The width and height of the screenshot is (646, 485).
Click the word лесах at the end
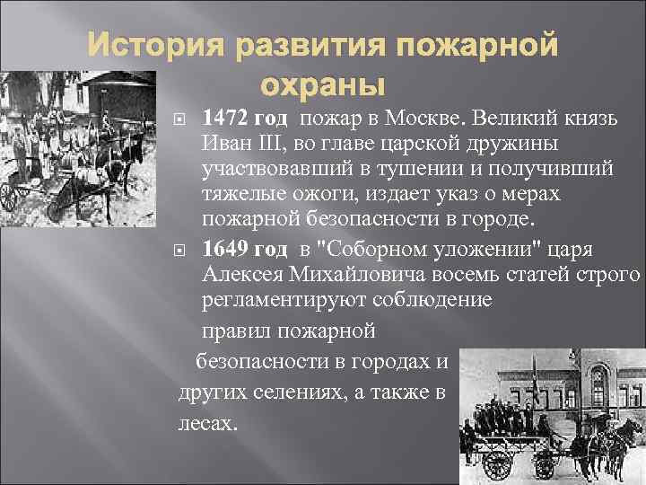click(208, 423)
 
